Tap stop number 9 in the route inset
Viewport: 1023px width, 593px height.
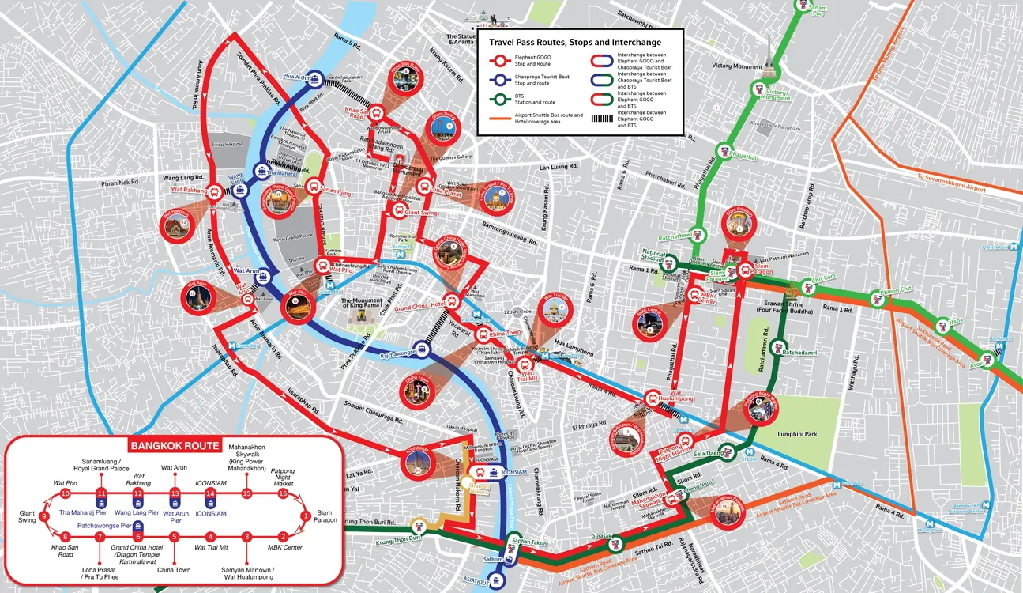pos(44,517)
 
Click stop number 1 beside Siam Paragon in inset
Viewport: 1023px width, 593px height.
pos(306,516)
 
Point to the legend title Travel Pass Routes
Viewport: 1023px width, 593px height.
pos(575,42)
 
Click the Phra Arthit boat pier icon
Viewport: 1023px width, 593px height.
pos(315,78)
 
